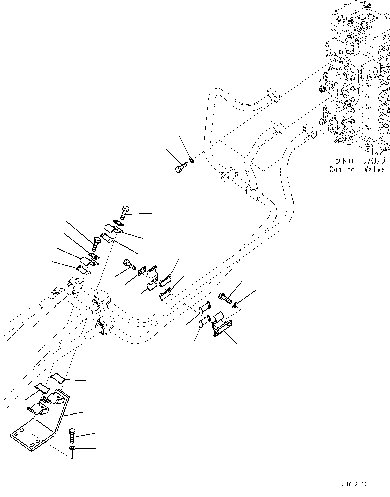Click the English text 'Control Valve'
point(357,169)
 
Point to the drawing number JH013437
point(354,484)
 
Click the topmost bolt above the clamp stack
point(124,212)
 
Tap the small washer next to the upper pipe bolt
point(192,160)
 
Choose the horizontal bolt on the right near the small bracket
point(225,297)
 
